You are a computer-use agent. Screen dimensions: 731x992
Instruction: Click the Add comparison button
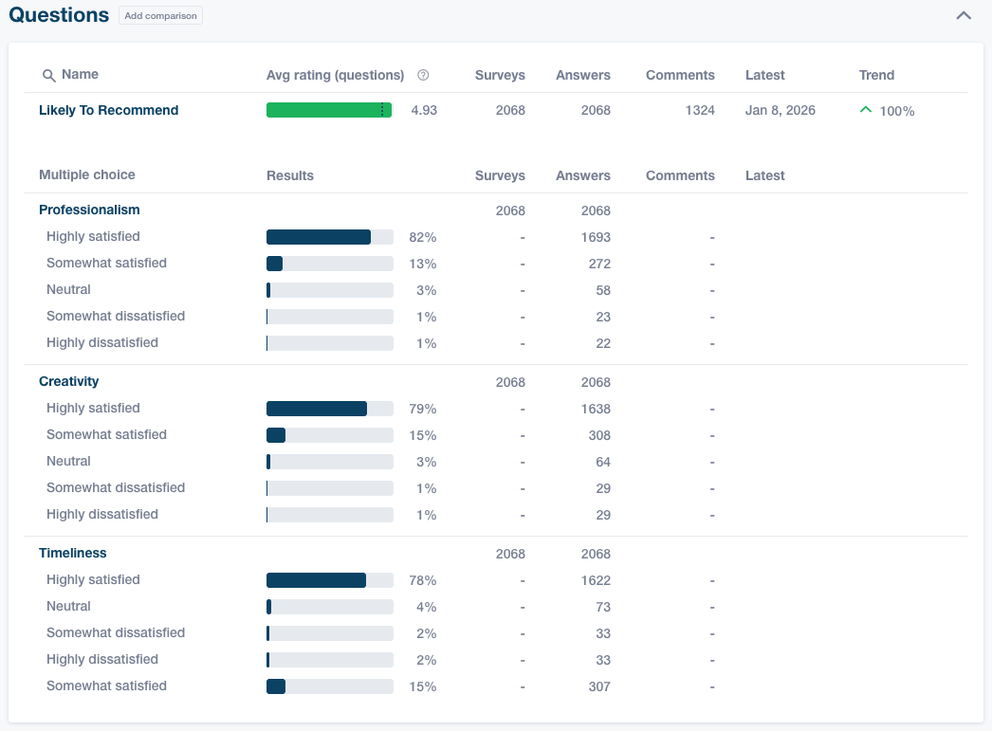pyautogui.click(x=160, y=16)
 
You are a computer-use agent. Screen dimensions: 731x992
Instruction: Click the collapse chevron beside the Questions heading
pyautogui.click(x=964, y=16)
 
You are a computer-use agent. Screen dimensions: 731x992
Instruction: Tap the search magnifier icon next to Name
pyautogui.click(x=48, y=76)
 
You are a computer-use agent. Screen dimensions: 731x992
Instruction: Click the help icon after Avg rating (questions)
pyautogui.click(x=423, y=76)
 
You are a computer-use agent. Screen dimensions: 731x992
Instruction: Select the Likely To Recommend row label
pyautogui.click(x=108, y=111)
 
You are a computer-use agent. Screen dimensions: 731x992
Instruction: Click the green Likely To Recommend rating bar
pyautogui.click(x=328, y=111)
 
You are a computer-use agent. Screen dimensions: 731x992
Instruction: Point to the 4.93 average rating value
pyautogui.click(x=424, y=111)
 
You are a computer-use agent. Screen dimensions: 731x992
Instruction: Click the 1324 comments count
pyautogui.click(x=699, y=111)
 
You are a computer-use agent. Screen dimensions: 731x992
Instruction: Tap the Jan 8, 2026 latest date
pyautogui.click(x=780, y=111)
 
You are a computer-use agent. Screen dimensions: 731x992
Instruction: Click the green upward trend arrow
pyautogui.click(x=865, y=110)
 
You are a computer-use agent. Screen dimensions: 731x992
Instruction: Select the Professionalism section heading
pyautogui.click(x=89, y=210)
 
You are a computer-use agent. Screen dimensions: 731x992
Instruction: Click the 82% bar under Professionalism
pyautogui.click(x=319, y=237)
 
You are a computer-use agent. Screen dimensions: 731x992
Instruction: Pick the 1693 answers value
pyautogui.click(x=596, y=237)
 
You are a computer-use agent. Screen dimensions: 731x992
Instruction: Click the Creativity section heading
pyautogui.click(x=68, y=382)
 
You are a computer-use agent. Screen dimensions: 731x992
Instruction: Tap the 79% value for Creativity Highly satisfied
pyautogui.click(x=422, y=410)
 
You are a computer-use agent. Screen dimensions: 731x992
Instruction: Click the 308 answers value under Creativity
pyautogui.click(x=598, y=436)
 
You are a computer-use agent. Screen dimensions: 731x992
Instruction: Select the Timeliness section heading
pyautogui.click(x=72, y=554)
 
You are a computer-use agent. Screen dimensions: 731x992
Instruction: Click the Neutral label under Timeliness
pyautogui.click(x=68, y=607)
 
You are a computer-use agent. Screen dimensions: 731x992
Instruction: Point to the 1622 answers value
pyautogui.click(x=596, y=580)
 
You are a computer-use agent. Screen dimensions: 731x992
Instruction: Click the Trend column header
pyautogui.click(x=876, y=76)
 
